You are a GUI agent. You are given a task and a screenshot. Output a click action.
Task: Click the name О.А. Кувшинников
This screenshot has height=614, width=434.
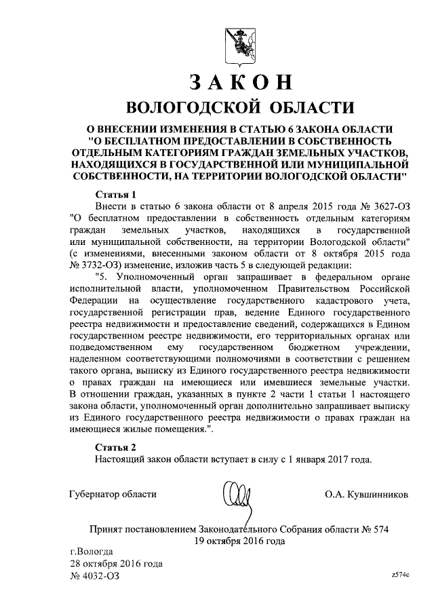coord(366,495)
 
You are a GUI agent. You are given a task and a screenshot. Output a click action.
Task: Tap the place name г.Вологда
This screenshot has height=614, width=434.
coord(92,551)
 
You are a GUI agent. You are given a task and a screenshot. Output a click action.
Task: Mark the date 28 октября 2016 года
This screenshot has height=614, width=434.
coord(116,563)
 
